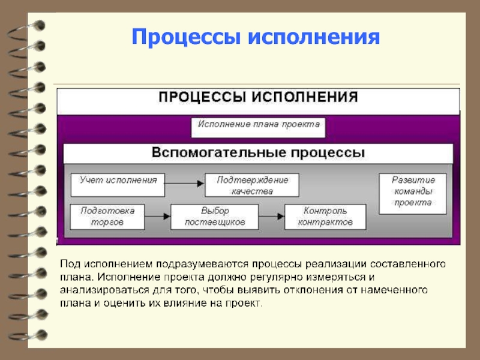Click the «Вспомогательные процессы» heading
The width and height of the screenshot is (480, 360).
tap(258, 152)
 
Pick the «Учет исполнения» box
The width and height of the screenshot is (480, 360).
tap(118, 185)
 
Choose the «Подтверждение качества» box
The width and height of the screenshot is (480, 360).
tap(252, 185)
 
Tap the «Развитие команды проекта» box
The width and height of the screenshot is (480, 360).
tap(412, 194)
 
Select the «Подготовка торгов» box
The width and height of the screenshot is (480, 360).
tap(107, 217)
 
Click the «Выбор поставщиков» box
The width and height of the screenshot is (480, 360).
tap(214, 217)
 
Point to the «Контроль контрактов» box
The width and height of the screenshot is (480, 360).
tap(325, 217)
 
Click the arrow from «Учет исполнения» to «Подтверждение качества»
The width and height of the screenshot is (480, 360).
tap(185, 183)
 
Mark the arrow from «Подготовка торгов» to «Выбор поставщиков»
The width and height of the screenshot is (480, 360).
tap(158, 215)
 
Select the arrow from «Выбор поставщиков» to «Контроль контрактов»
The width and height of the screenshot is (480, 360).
tap(271, 215)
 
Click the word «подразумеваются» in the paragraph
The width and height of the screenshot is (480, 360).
tap(205, 264)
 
